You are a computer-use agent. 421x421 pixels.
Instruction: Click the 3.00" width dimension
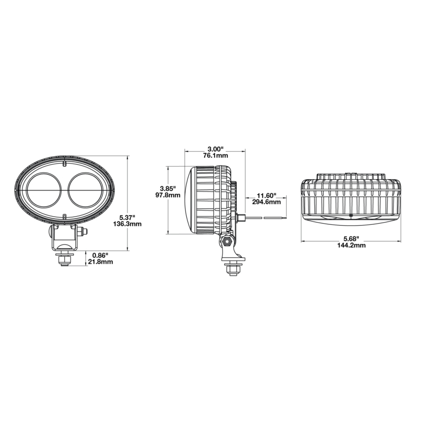click(215, 149)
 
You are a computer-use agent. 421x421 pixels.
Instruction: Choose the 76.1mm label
click(215, 156)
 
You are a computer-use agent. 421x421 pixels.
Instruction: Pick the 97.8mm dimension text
click(168, 195)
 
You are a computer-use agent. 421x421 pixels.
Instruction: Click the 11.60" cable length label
click(266, 195)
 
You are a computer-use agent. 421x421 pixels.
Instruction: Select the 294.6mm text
click(266, 202)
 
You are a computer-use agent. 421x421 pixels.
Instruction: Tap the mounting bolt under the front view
click(64, 259)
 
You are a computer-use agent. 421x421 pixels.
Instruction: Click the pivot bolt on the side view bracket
click(226, 241)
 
